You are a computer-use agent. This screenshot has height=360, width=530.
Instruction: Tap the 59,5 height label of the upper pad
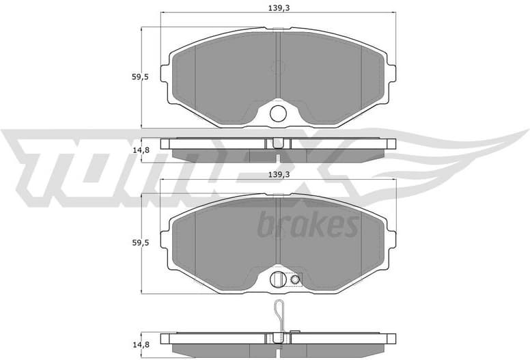(140, 77)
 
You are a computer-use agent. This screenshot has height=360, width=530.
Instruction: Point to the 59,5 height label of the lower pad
(140, 242)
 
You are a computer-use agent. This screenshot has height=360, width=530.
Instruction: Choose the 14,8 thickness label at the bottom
(140, 346)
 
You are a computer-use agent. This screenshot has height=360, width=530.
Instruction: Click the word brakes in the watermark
(307, 225)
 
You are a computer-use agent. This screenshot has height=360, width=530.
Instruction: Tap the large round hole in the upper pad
(278, 113)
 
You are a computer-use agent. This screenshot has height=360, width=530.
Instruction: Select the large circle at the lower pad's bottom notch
(277, 279)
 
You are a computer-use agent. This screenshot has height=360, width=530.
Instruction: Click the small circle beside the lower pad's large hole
(295, 279)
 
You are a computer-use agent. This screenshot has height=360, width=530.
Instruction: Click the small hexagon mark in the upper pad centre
(278, 67)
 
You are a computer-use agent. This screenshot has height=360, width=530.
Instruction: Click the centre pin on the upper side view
(277, 143)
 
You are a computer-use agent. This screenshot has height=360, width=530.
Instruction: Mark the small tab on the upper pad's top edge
(277, 29)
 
